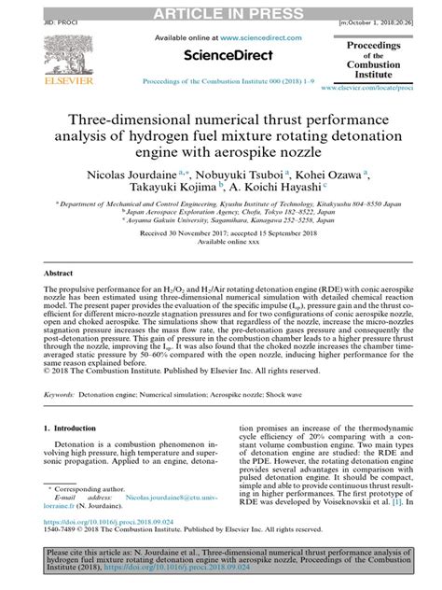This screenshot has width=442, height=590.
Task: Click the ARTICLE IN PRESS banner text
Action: pos(220,9)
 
